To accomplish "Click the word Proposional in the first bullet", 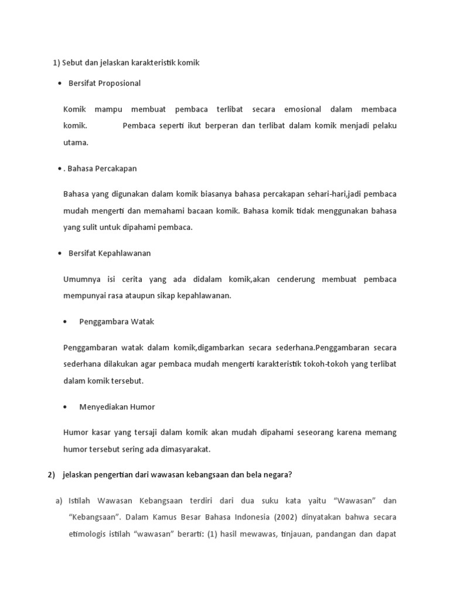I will pos(120,83).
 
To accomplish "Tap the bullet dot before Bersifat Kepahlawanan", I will pos(60,253).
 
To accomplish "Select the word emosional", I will pos(302,109).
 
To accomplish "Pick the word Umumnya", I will pos(80,279).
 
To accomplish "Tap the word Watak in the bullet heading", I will pos(142,322).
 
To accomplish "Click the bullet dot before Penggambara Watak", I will pos(64,322).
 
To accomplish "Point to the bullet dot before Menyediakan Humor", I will pos(64,407).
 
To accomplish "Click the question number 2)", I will pos(51,475).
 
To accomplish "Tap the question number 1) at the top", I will pos(56,63).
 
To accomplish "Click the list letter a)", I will pos(59,501).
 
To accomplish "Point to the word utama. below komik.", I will pos(76,142).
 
